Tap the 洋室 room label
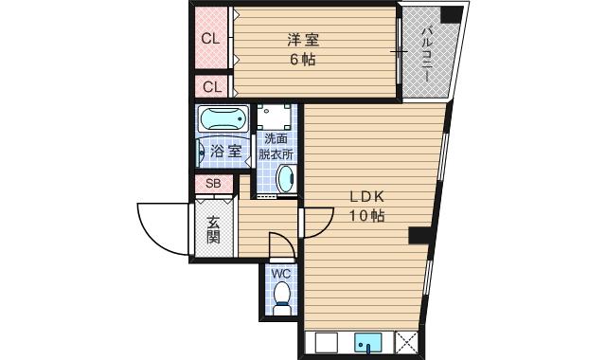tap(303, 40)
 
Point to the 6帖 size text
tap(303, 59)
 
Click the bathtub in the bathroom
tap(223, 121)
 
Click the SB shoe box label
tap(213, 184)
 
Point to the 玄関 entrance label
tap(213, 229)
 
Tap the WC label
tap(281, 275)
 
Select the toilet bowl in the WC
tap(281, 300)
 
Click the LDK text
tap(366, 197)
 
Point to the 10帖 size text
tap(366, 216)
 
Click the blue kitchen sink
tap(367, 343)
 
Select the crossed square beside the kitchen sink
tap(407, 343)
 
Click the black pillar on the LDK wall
tap(418, 237)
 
